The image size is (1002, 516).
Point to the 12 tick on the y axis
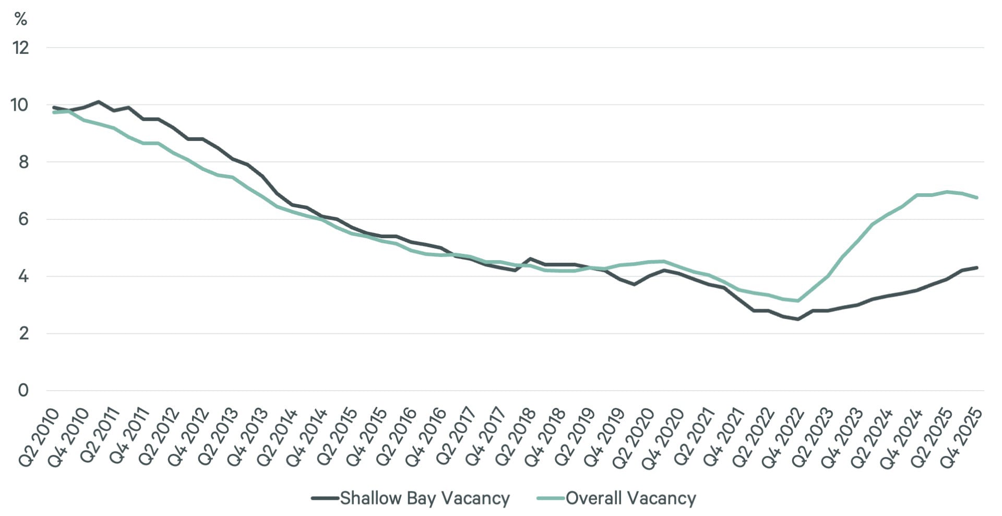(x=21, y=48)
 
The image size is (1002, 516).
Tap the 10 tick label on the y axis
(x=20, y=105)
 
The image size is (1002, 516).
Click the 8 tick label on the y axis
(x=23, y=162)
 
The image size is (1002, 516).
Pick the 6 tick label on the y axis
(x=23, y=219)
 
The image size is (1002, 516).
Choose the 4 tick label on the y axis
(x=23, y=276)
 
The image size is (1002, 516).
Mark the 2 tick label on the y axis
(x=23, y=333)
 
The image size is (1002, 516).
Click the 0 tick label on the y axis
(x=23, y=391)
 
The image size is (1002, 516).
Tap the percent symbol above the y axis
(x=21, y=19)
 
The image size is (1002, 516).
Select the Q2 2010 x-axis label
(x=40, y=438)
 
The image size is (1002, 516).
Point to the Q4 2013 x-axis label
(x=248, y=438)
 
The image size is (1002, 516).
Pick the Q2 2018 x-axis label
(x=516, y=438)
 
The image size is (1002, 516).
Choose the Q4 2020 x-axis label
(x=664, y=438)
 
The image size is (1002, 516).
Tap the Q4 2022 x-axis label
(x=783, y=438)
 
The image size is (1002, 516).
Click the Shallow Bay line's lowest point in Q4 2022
(x=798, y=319)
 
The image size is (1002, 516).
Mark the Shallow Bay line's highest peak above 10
(x=99, y=102)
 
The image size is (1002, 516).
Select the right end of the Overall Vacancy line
(x=976, y=197)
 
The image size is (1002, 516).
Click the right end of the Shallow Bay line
(x=976, y=268)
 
